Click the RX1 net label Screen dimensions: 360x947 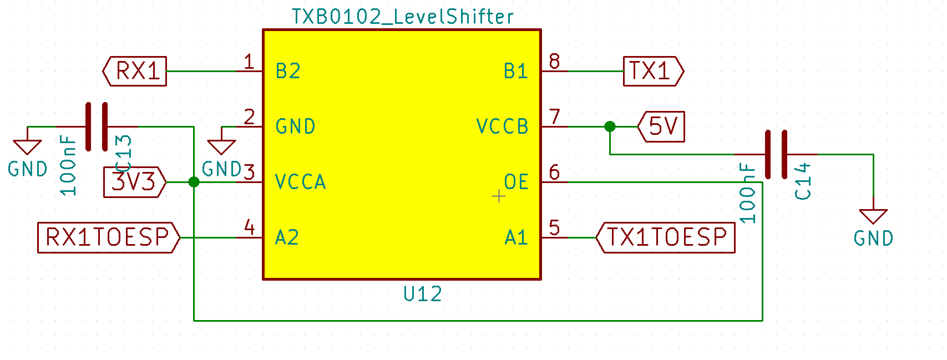point(135,71)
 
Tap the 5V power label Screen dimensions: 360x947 point(661,126)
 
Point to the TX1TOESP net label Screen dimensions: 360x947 point(665,237)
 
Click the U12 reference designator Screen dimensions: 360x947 point(423,294)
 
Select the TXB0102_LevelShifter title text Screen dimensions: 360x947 point(403,17)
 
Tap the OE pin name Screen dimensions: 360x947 point(516,182)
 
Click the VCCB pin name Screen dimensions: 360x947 point(503,126)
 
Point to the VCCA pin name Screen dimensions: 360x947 point(301,182)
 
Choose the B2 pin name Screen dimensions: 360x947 point(288,71)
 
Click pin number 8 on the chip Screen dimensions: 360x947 point(554,61)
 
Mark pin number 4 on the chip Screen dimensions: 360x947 point(250,227)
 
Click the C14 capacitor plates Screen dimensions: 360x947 point(776,154)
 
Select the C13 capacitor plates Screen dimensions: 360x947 point(97,126)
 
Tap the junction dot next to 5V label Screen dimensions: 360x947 point(610,126)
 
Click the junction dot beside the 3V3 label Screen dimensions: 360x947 point(194,182)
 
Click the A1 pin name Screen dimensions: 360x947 point(516,237)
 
